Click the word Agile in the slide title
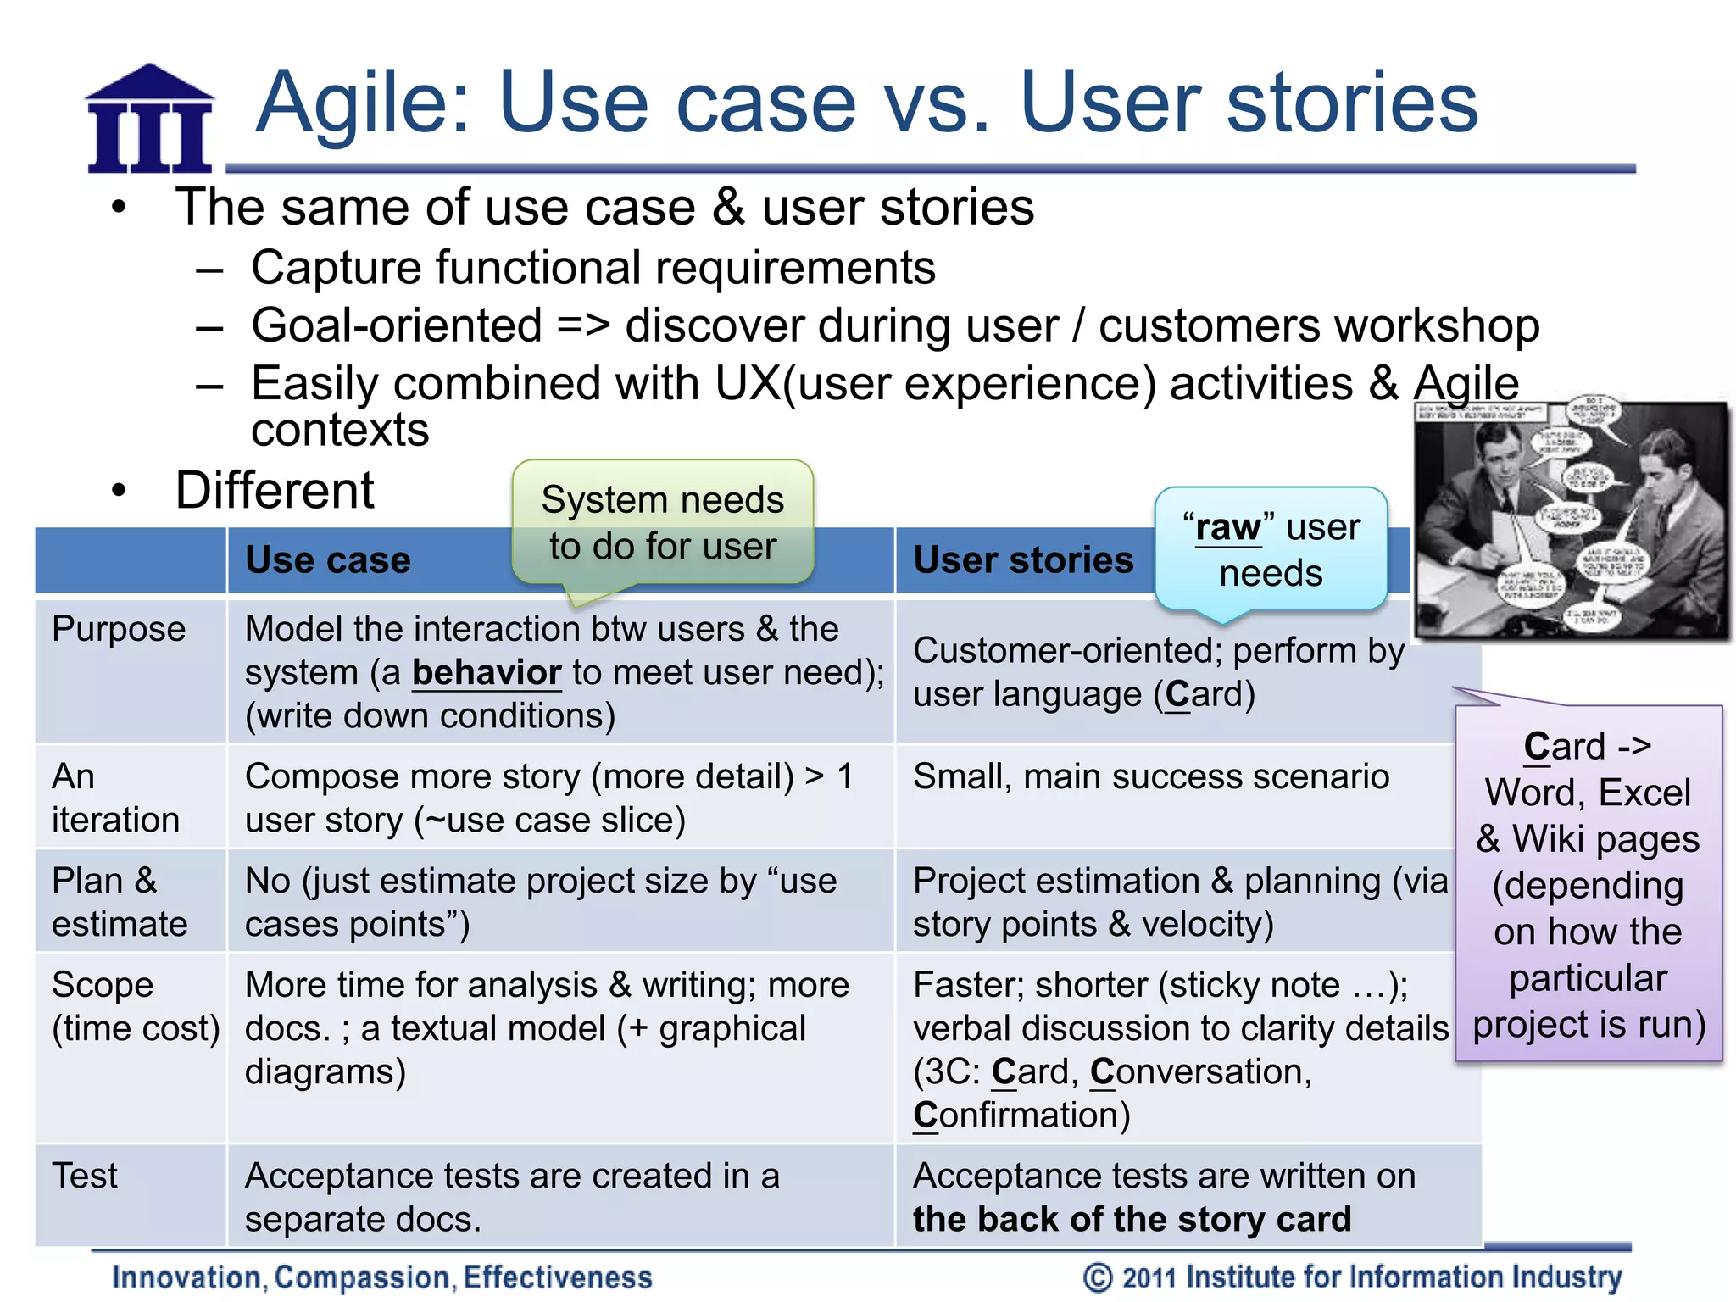[x=363, y=103]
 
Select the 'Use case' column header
[x=328, y=560]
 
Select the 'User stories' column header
[x=1023, y=560]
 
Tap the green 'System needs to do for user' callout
[x=662, y=523]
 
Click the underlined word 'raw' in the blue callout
[x=1228, y=528]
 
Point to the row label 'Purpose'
[x=119, y=629]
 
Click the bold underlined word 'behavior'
[x=487, y=673]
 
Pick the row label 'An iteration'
[x=115, y=798]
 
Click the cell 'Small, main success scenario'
[x=1150, y=776]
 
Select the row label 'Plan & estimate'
[x=119, y=902]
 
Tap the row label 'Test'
[x=85, y=1176]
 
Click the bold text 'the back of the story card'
[x=1132, y=1220]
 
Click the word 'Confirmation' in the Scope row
[x=1021, y=1116]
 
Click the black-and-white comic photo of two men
[x=1571, y=520]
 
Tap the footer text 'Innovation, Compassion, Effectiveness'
[x=382, y=1277]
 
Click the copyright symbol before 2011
[x=1098, y=1277]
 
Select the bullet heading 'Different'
[x=275, y=490]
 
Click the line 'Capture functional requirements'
[x=593, y=268]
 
